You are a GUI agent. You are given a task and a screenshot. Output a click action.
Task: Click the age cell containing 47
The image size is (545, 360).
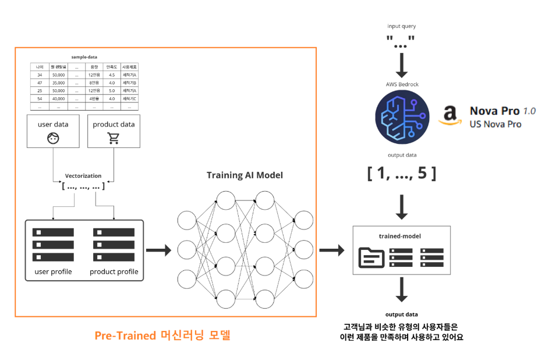click(40, 83)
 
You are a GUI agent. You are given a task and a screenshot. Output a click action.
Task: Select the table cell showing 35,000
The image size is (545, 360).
click(58, 83)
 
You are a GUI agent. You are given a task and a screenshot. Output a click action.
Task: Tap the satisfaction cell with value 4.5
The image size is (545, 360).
click(112, 75)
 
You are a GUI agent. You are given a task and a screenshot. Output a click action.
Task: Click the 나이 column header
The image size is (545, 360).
click(40, 67)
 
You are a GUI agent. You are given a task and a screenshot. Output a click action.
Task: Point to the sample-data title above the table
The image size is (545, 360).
click(84, 57)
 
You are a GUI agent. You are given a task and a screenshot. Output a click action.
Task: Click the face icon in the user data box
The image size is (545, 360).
click(53, 138)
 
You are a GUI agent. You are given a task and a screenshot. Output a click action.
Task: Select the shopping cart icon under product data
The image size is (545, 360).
click(114, 138)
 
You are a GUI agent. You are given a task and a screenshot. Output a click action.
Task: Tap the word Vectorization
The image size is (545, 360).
click(83, 175)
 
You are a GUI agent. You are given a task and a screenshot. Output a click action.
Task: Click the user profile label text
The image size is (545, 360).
click(54, 271)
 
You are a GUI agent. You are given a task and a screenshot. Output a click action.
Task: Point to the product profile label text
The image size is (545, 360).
click(114, 271)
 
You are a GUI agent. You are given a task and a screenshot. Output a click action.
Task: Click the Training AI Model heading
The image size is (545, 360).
click(245, 175)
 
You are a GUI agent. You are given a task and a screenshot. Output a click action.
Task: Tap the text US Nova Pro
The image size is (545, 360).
click(495, 124)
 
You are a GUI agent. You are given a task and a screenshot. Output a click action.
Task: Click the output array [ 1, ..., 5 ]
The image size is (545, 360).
click(402, 173)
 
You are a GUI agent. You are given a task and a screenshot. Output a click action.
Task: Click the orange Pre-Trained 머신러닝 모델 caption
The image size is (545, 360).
click(162, 336)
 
